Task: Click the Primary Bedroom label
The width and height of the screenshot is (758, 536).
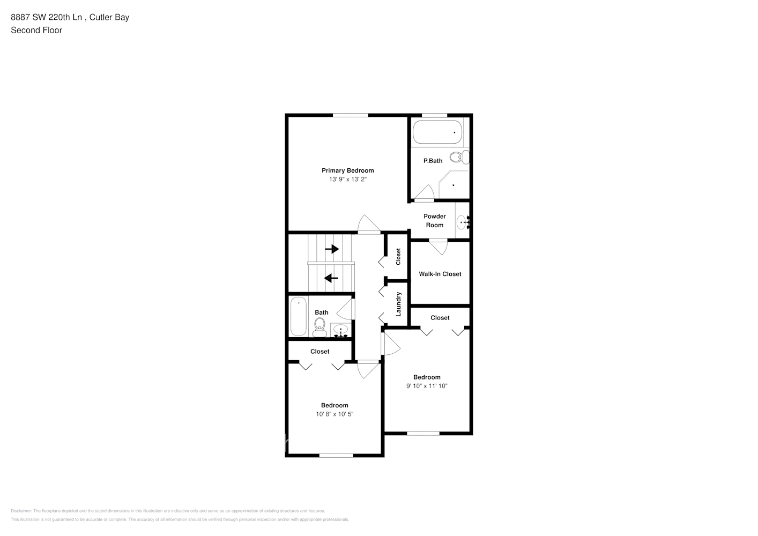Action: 347,170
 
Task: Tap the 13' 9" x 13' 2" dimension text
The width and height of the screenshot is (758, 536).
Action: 347,180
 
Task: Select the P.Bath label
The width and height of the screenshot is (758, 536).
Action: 433,161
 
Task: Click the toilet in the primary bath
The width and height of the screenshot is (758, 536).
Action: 459,157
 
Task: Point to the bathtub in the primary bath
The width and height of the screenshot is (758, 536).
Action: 437,132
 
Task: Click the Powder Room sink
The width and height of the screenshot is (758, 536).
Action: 463,221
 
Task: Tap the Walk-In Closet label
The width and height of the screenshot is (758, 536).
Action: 440,274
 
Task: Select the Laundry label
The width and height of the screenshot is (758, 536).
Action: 398,304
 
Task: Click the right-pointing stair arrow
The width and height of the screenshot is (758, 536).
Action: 332,249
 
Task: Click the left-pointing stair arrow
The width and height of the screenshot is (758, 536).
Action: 331,278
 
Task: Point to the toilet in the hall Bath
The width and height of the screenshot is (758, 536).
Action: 319,326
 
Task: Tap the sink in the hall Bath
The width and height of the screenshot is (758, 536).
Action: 340,330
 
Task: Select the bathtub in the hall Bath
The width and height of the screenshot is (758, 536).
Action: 298,317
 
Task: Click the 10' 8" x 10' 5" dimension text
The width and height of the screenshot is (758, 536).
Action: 335,414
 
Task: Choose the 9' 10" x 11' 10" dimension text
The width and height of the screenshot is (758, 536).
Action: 427,386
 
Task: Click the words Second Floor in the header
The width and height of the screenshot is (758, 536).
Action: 36,31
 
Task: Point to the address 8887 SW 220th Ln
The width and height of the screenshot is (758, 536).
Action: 47,17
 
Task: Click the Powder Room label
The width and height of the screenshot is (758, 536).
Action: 434,221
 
